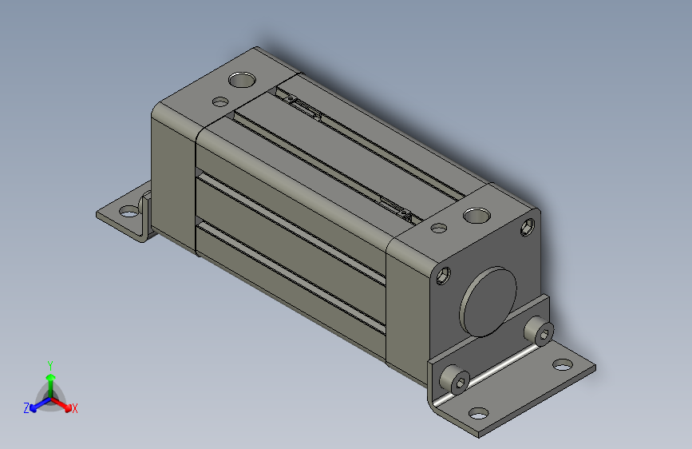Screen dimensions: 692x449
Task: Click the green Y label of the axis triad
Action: coord(50,366)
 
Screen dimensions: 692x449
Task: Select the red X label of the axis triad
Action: coord(74,408)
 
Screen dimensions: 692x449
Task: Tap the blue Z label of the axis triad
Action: coord(26,408)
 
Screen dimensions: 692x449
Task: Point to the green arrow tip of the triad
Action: coord(51,377)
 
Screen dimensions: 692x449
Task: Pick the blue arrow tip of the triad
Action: coord(33,408)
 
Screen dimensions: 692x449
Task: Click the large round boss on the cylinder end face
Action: coord(488,301)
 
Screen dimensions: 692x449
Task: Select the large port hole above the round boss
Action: coord(476,216)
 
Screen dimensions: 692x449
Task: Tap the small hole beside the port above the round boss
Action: coord(439,228)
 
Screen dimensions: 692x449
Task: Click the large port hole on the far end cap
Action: coord(242,80)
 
